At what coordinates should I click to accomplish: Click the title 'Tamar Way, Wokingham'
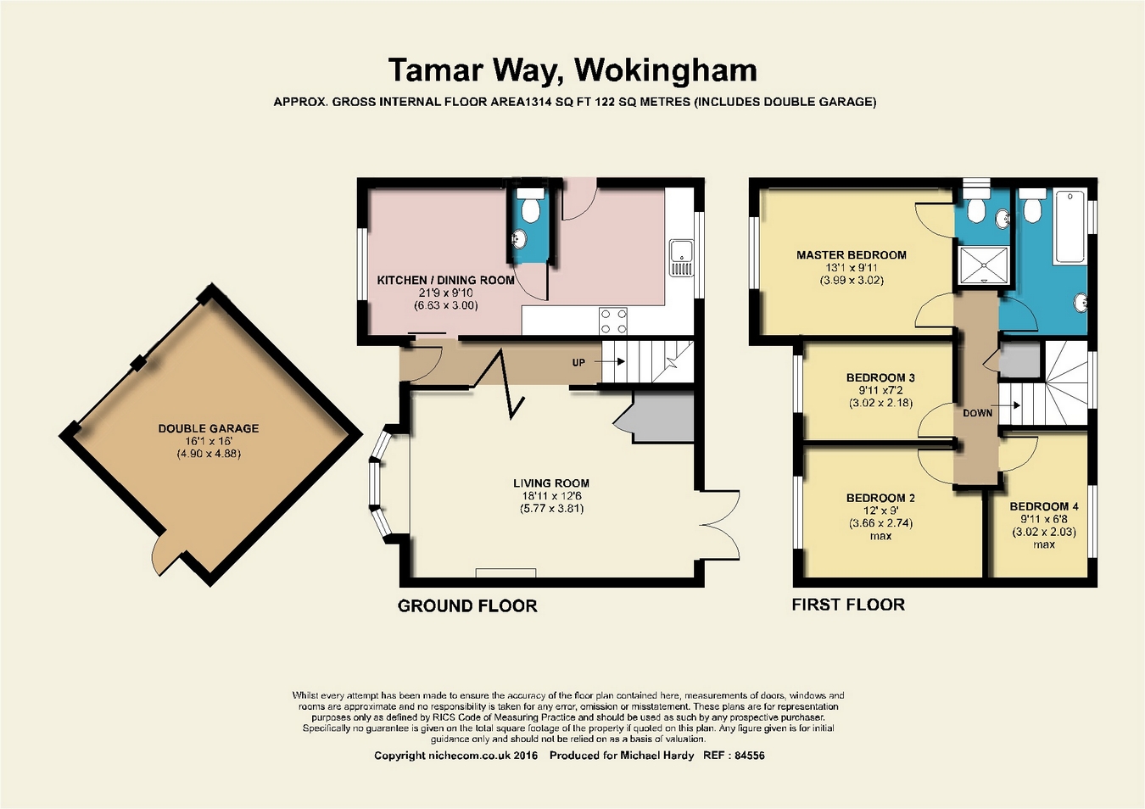(572, 70)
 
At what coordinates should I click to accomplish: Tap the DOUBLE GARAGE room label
(209, 428)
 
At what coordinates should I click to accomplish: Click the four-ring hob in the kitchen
(613, 321)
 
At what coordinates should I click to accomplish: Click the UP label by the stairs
(578, 362)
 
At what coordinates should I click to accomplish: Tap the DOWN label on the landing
(977, 413)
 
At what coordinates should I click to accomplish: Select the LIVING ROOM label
(551, 483)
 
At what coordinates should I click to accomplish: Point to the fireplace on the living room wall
(505, 573)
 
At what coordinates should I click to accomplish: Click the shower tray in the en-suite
(984, 265)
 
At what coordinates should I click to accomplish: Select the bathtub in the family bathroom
(1070, 226)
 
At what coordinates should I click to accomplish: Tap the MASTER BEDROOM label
(851, 254)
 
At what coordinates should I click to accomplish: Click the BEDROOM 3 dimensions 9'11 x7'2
(880, 390)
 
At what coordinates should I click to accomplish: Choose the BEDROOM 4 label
(1044, 506)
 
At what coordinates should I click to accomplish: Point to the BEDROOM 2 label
(880, 498)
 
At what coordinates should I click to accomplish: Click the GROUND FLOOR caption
(467, 606)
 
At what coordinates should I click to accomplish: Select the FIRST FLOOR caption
(848, 605)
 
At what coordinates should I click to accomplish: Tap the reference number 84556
(750, 756)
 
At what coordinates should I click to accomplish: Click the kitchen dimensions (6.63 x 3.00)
(445, 305)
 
